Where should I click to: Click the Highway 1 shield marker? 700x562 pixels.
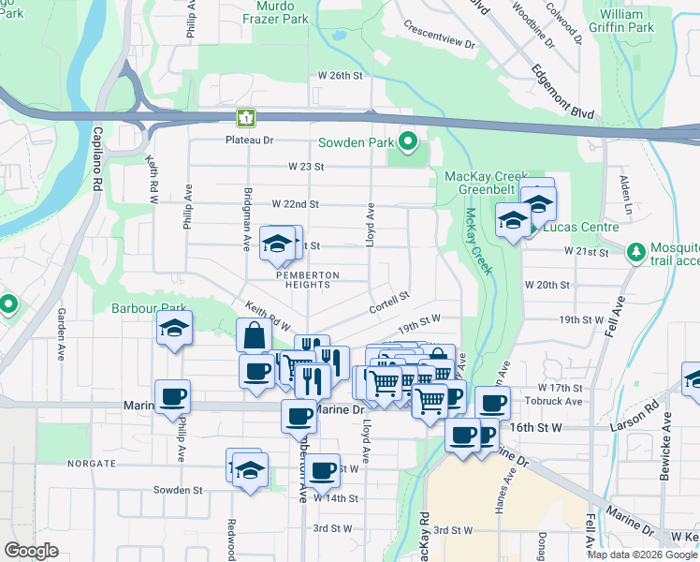(x=245, y=118)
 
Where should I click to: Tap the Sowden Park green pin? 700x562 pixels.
(x=408, y=142)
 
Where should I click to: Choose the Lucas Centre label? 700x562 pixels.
(x=580, y=227)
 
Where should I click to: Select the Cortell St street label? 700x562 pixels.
(x=390, y=297)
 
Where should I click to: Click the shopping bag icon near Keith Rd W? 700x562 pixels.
(x=255, y=335)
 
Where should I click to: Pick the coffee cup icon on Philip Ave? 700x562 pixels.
(x=172, y=397)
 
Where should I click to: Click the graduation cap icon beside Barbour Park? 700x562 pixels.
(x=175, y=329)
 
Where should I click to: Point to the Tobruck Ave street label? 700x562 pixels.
(x=560, y=402)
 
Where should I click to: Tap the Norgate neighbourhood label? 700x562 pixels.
(x=92, y=463)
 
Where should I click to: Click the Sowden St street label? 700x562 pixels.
(x=178, y=490)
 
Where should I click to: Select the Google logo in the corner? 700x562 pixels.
(x=31, y=551)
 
